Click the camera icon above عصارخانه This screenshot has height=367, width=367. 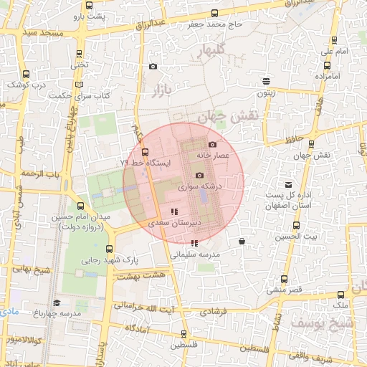[x=212, y=144]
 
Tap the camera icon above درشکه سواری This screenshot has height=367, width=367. [x=199, y=176]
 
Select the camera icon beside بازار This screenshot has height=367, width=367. [x=153, y=67]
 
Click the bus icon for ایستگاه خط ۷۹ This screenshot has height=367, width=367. [x=146, y=152]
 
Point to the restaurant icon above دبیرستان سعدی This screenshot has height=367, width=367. [x=173, y=212]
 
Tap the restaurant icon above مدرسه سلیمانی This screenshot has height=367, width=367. [x=195, y=244]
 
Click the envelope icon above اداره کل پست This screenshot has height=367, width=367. [x=289, y=185]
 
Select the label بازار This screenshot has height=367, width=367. [x=163, y=90]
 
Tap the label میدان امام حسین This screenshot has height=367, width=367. [x=79, y=216]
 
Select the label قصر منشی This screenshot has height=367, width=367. [x=285, y=290]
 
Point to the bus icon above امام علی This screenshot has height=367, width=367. [x=333, y=41]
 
